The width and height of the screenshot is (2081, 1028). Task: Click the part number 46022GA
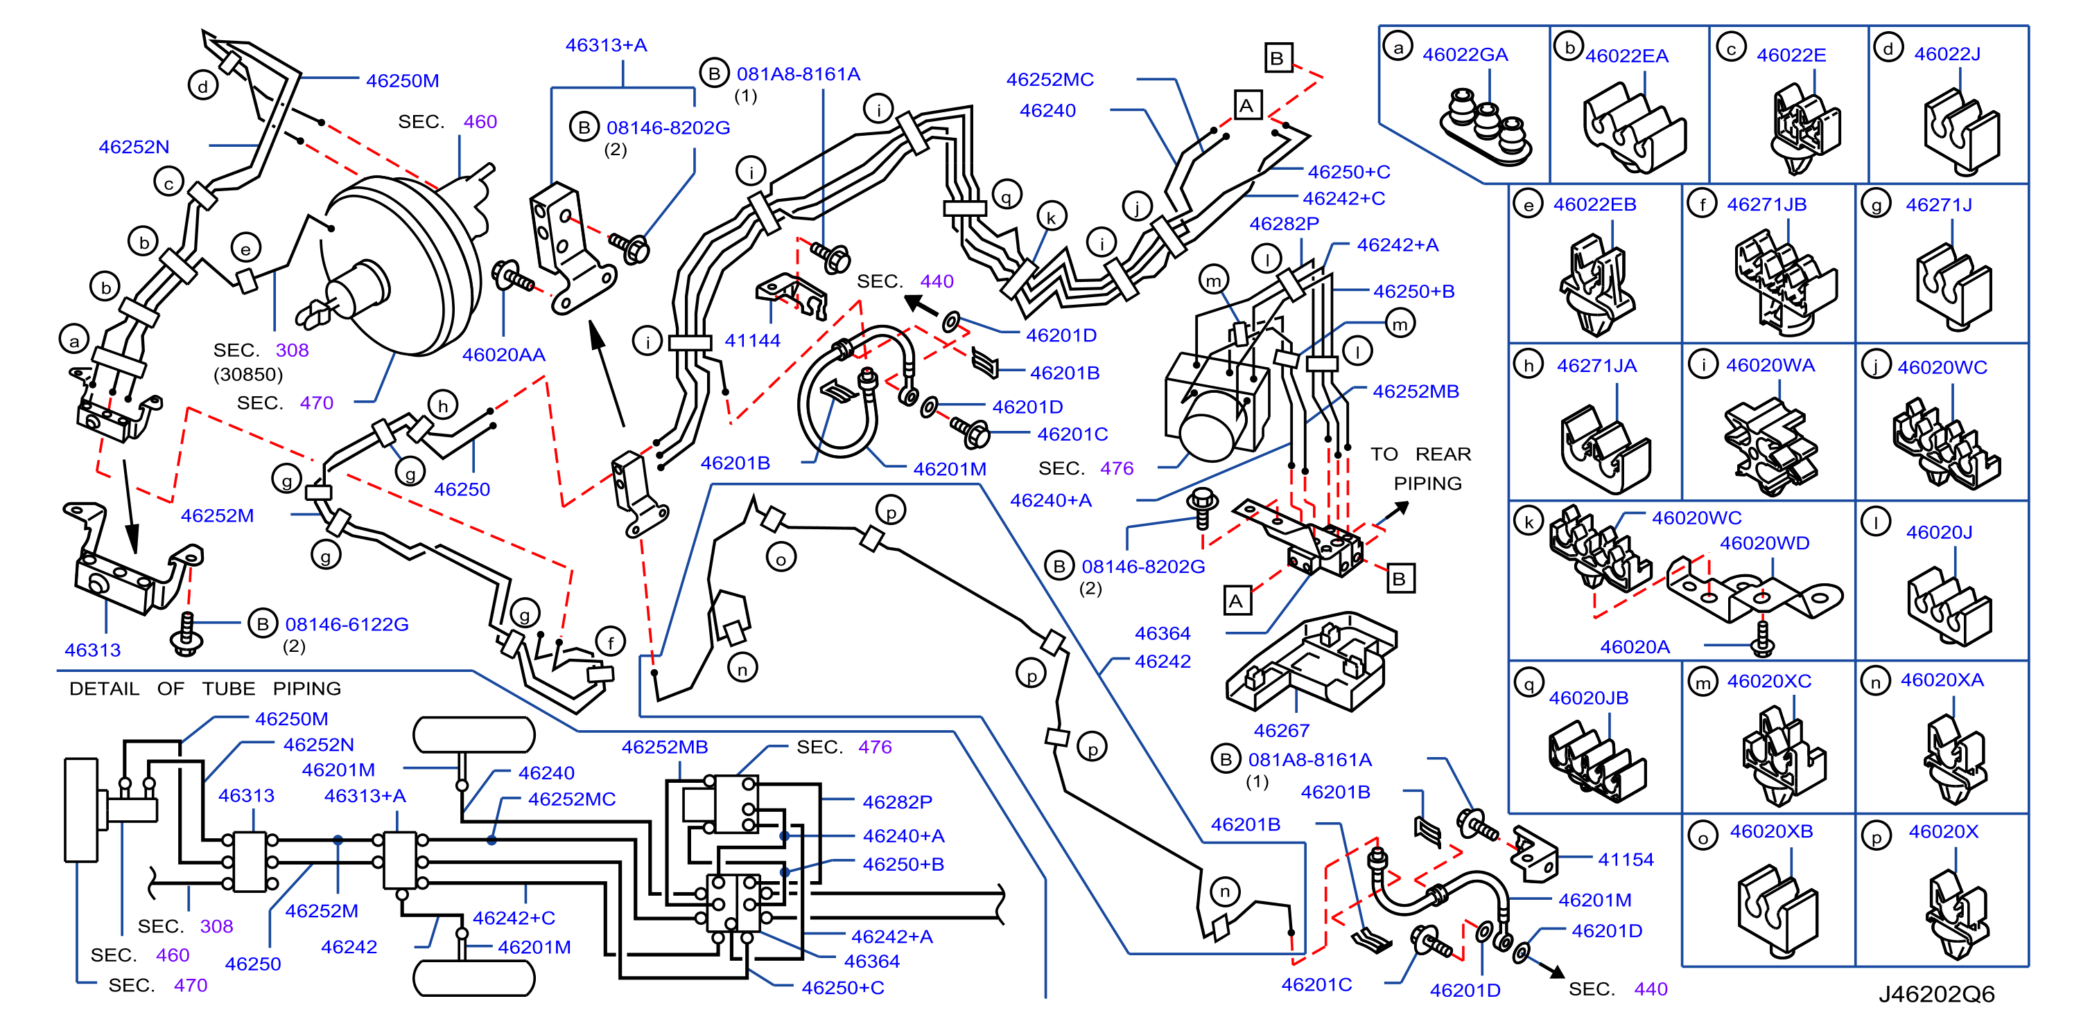pos(1465,54)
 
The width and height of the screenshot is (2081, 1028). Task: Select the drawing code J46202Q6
pos(1936,994)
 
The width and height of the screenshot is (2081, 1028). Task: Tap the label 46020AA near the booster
pos(503,355)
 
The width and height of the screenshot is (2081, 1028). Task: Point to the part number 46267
pos(1281,730)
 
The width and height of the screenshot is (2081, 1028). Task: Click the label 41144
pos(752,340)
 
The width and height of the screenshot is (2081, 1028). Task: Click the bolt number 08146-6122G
pos(347,624)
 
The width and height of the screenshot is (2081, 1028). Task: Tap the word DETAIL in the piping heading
pos(104,689)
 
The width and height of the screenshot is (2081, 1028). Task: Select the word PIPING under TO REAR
pos(1427,483)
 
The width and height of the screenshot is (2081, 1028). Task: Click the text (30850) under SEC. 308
pos(248,375)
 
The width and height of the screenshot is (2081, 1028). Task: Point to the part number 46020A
pos(1635,646)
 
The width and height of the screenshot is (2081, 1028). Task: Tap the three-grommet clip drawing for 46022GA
pos(1486,127)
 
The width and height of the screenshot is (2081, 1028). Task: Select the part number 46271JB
pos(1767,204)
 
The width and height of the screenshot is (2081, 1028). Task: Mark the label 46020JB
pos(1588,698)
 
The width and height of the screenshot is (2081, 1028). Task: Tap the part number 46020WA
pos(1770,365)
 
